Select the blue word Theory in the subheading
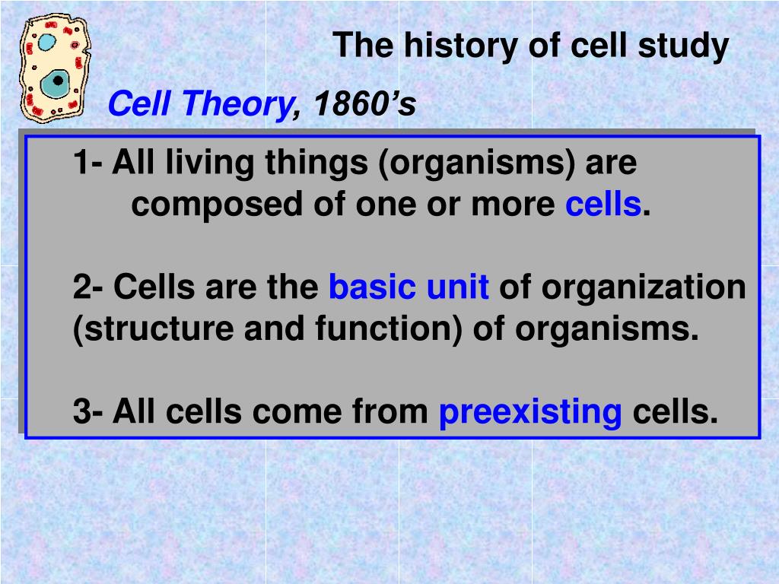pos(238,104)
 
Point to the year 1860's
pos(365,103)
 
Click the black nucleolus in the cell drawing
pos(58,80)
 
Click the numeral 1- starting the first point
pos(88,162)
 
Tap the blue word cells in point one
pos(603,204)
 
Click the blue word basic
pos(372,287)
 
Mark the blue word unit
pos(457,287)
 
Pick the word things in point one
pos(316,163)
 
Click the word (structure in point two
pos(153,328)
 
